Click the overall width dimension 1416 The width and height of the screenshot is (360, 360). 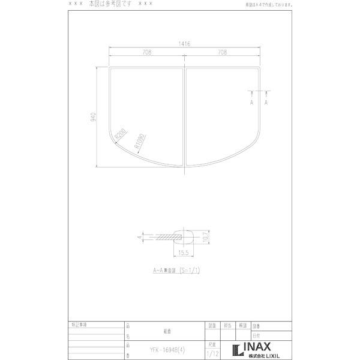click(184, 44)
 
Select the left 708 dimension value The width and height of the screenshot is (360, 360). click(146, 53)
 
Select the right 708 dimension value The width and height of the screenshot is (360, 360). click(223, 53)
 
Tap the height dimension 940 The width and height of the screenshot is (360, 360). click(93, 117)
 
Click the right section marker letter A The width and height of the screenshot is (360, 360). click(266, 103)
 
